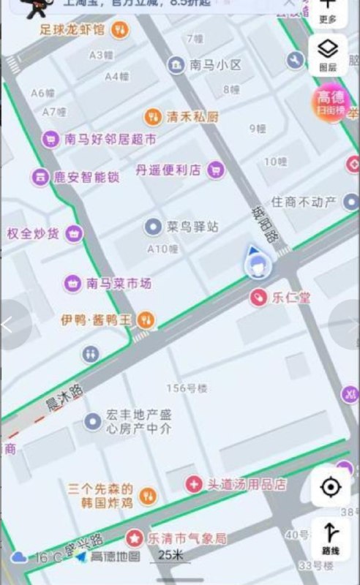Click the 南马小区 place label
pos(215,65)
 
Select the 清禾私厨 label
pos(192,116)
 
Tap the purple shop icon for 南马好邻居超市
pos(50,138)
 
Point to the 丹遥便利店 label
pos(168,170)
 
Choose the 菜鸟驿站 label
pos(192,227)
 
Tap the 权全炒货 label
pos(34,234)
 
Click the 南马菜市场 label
pos(119,283)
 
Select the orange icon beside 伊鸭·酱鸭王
pos(146,319)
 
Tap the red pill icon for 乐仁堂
pos(258,297)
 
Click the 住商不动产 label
pos(303,202)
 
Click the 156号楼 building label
pos(187,388)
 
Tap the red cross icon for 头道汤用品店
pos(193,483)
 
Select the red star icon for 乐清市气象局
pos(135,538)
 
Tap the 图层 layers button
pos(328,55)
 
